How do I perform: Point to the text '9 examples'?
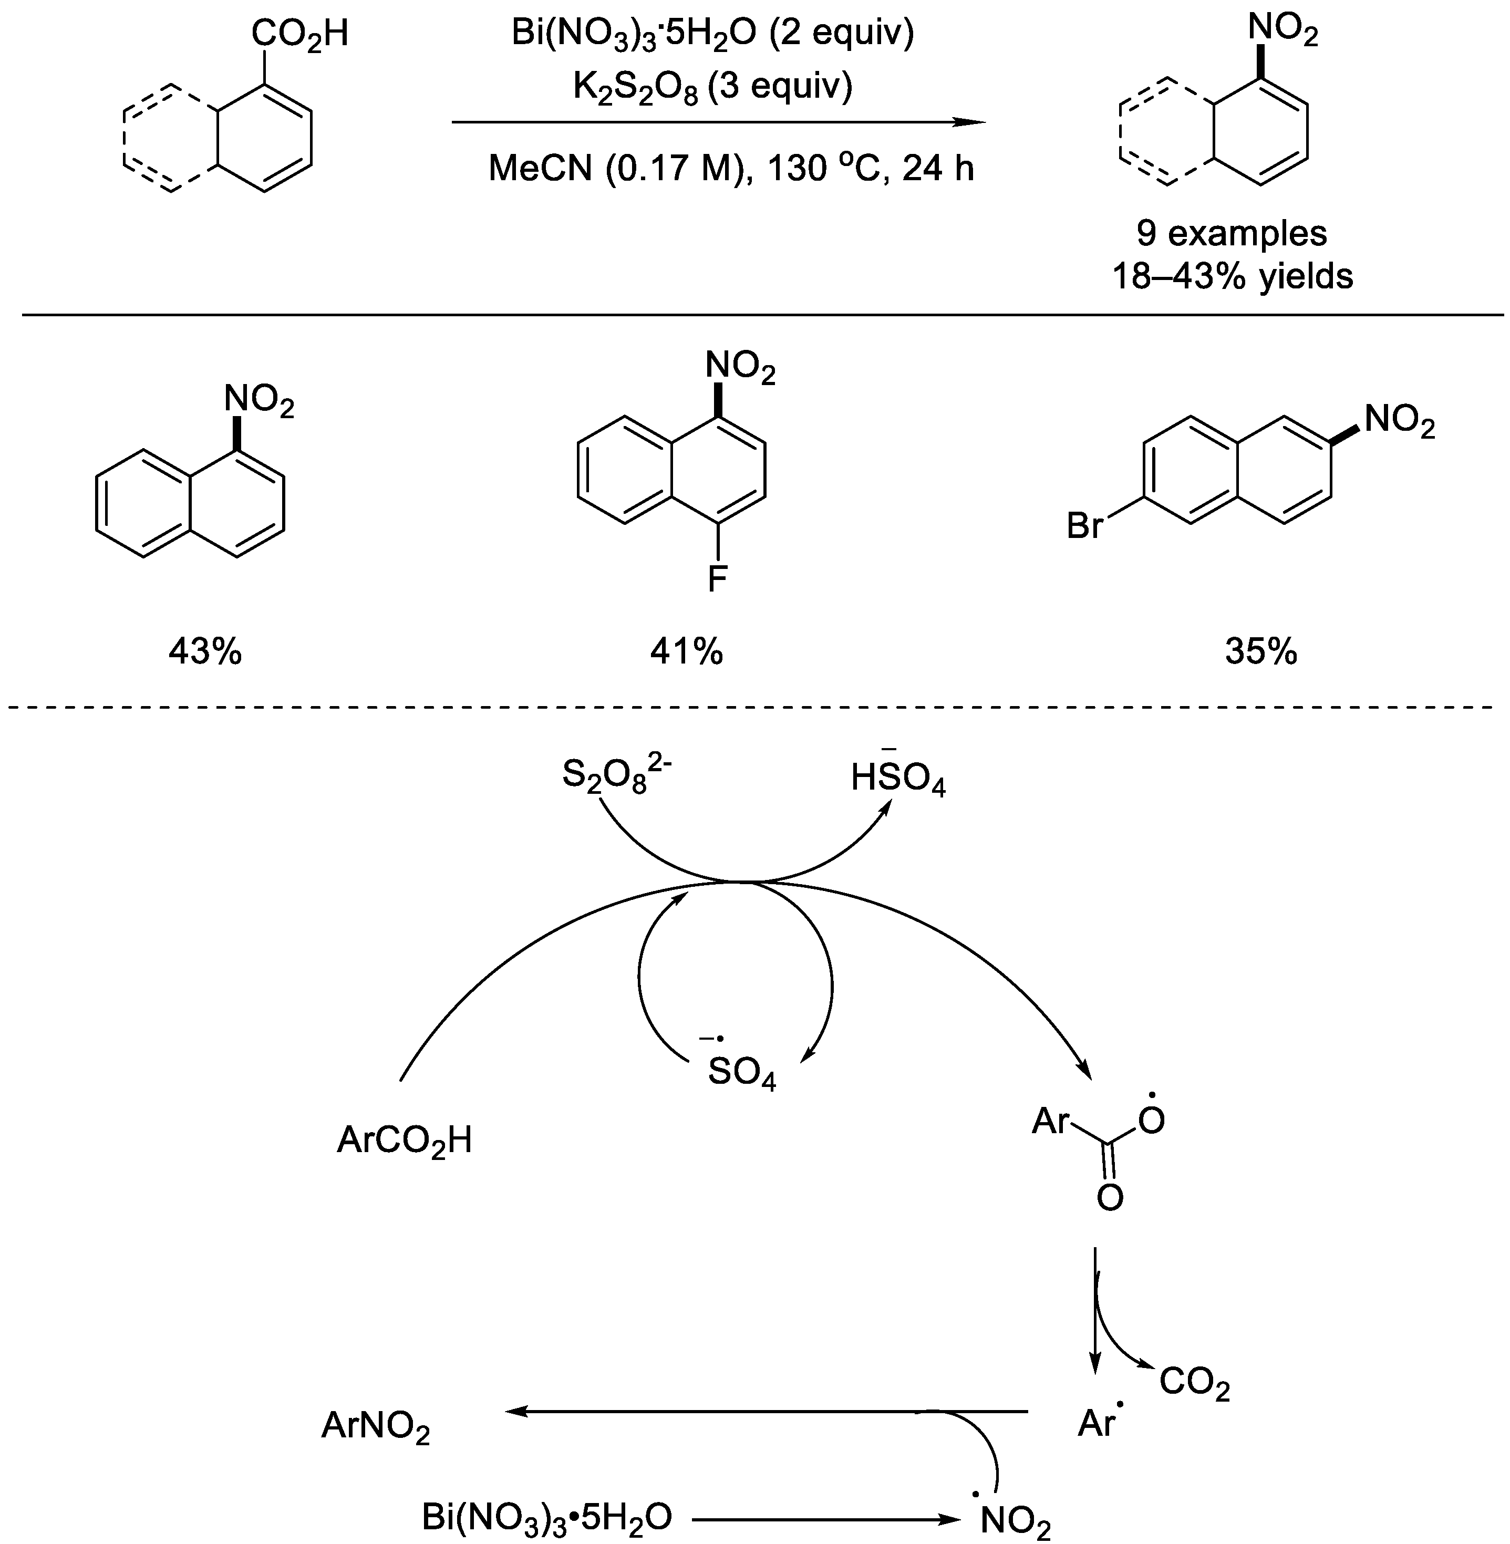pos(1232,233)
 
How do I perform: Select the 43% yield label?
pos(204,652)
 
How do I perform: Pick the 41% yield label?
pos(687,652)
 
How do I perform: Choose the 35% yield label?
pos(1261,652)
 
